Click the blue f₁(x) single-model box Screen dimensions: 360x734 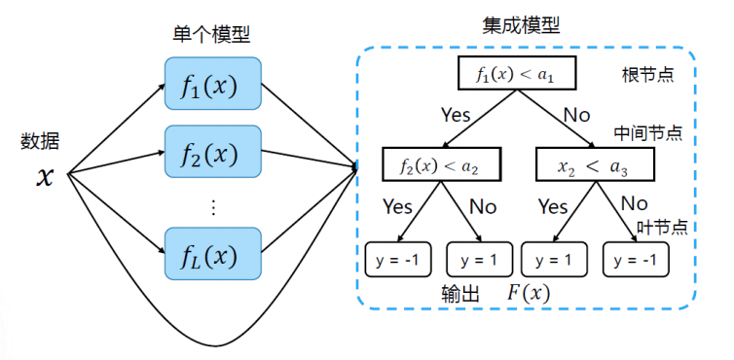point(213,86)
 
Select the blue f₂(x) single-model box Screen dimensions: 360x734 point(213,153)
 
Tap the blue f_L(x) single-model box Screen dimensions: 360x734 point(213,256)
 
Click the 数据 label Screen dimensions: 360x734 point(41,141)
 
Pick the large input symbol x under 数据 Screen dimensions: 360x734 point(45,176)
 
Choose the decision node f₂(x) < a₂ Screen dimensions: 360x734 point(437,165)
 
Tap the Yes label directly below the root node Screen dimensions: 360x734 point(455,115)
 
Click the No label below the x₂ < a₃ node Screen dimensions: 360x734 point(634,204)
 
